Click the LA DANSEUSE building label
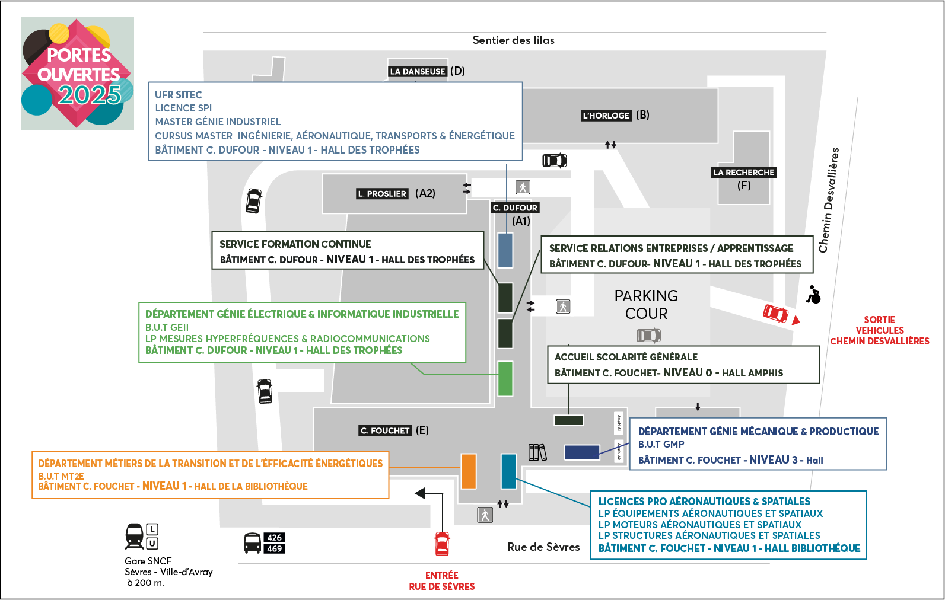[418, 71]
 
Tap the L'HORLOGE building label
[606, 116]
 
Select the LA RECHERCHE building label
[744, 173]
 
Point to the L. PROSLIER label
[382, 194]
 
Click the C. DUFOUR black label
[515, 208]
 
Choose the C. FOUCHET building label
[385, 431]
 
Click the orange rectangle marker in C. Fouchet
[469, 471]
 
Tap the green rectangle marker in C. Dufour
[505, 378]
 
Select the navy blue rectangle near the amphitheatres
[582, 452]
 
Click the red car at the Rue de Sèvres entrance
[442, 544]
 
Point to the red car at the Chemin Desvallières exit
[775, 313]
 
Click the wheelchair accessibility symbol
[814, 295]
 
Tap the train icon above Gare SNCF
[135, 536]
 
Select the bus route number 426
[274, 538]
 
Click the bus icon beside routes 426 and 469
[252, 543]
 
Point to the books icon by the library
[537, 452]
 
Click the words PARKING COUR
[646, 305]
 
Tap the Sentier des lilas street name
[513, 40]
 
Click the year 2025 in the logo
[89, 95]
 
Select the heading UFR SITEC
[179, 95]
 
